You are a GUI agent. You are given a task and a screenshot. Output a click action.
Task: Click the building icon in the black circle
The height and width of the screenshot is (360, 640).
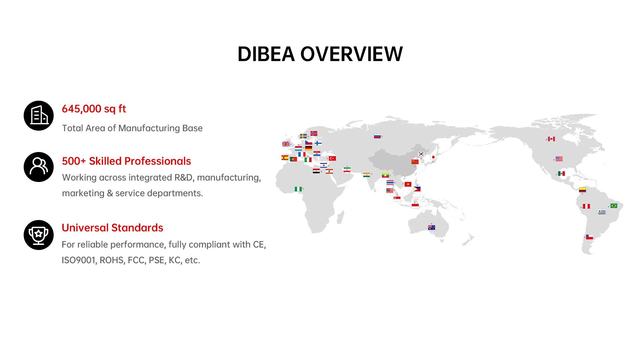pyautogui.click(x=39, y=116)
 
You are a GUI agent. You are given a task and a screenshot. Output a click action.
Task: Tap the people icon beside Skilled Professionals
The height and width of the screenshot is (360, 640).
pyautogui.click(x=39, y=167)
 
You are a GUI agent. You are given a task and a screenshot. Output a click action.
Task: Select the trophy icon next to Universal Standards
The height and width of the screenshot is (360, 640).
pyautogui.click(x=39, y=235)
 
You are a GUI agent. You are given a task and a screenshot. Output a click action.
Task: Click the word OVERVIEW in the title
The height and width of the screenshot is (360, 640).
pyautogui.click(x=352, y=54)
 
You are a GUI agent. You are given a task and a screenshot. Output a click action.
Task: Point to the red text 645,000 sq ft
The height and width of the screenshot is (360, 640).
pyautogui.click(x=94, y=109)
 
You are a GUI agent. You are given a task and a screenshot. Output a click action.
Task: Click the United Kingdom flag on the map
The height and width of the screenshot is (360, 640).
pyautogui.click(x=286, y=144)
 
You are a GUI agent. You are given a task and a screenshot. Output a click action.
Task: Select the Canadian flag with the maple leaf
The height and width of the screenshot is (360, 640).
pyautogui.click(x=551, y=139)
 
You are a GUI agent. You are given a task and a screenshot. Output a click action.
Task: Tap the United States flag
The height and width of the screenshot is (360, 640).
pyautogui.click(x=559, y=159)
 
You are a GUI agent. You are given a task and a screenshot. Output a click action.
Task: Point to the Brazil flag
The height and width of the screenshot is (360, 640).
pyautogui.click(x=614, y=206)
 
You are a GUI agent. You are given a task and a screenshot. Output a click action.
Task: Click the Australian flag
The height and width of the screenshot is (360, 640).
pyautogui.click(x=431, y=228)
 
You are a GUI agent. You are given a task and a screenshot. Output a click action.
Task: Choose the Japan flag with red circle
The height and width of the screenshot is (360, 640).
pyautogui.click(x=433, y=157)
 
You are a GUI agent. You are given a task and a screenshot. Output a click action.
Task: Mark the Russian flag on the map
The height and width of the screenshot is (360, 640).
pyautogui.click(x=377, y=136)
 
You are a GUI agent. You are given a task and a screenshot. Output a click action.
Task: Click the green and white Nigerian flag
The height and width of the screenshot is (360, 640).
pyautogui.click(x=298, y=189)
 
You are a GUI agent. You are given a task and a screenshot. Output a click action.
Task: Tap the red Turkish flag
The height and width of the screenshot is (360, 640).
pyautogui.click(x=332, y=158)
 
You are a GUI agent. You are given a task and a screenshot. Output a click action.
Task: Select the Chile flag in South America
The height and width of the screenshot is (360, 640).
pyautogui.click(x=589, y=237)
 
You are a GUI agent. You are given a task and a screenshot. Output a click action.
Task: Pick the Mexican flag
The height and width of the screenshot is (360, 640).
pyautogui.click(x=562, y=173)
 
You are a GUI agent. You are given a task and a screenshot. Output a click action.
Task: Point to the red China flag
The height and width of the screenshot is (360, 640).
pyautogui.click(x=415, y=162)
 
